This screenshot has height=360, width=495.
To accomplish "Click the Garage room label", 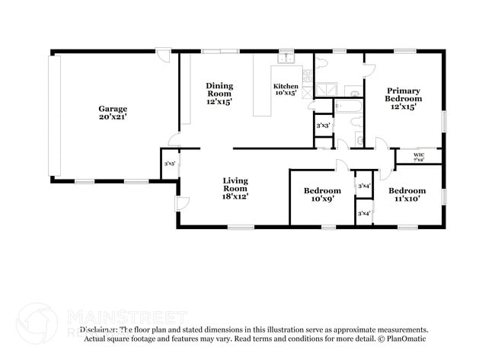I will coord(112,113).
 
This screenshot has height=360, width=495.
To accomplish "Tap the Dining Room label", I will coord(219,93).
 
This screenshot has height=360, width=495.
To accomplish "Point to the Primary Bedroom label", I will coord(402,99).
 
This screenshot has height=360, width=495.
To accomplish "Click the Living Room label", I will coord(235,188).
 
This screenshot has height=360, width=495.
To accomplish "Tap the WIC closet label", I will coord(419,158).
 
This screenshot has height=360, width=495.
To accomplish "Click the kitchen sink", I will coord(286,58).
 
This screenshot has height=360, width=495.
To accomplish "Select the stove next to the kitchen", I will coord(307,75).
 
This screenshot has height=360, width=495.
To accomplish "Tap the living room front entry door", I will coord(181,203).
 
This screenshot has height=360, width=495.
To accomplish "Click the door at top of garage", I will coord(163,55).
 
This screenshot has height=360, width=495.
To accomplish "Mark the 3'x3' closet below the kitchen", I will coord(322,125).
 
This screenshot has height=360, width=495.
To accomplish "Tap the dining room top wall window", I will coord(219,51).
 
